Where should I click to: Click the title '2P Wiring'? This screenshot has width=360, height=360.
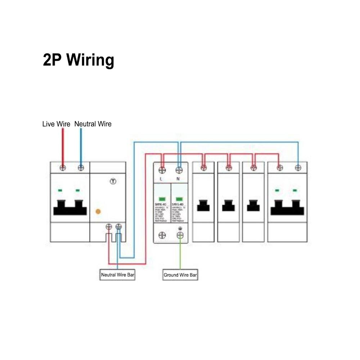pyautogui.click(x=78, y=60)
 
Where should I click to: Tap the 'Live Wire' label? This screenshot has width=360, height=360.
pyautogui.click(x=56, y=124)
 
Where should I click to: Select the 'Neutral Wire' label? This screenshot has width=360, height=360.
pyautogui.click(x=93, y=124)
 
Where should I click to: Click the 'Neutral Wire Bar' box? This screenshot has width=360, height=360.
pyautogui.click(x=118, y=275)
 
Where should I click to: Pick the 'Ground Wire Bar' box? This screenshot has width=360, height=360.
pyautogui.click(x=180, y=275)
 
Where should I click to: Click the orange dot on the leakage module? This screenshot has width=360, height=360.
pyautogui.click(x=98, y=212)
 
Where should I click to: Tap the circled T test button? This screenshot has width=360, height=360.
pyautogui.click(x=113, y=181)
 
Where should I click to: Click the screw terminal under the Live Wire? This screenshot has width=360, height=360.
pyautogui.click(x=63, y=167)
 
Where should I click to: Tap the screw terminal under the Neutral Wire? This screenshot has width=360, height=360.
pyautogui.click(x=81, y=167)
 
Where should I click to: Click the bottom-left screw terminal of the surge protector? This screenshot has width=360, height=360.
pyautogui.click(x=162, y=235)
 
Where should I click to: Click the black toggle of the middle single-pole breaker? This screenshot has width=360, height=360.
pyautogui.click(x=228, y=206)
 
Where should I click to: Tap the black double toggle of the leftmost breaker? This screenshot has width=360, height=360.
pyautogui.click(x=70, y=207)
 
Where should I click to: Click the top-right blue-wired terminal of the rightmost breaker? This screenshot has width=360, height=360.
pyautogui.click(x=298, y=167)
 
